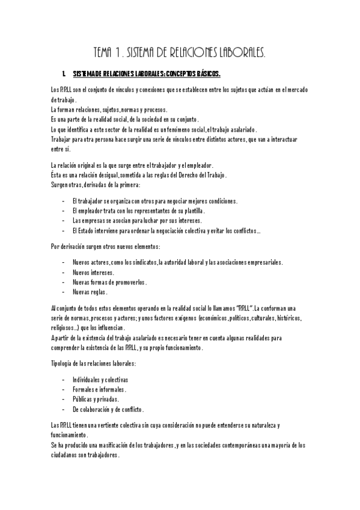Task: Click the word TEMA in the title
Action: (x=106, y=54)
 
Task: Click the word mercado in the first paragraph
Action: (x=295, y=90)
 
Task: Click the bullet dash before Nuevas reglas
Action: (x=64, y=292)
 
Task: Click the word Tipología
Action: (x=63, y=364)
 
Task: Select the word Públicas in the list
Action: (x=84, y=399)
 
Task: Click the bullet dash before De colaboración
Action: (x=64, y=409)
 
